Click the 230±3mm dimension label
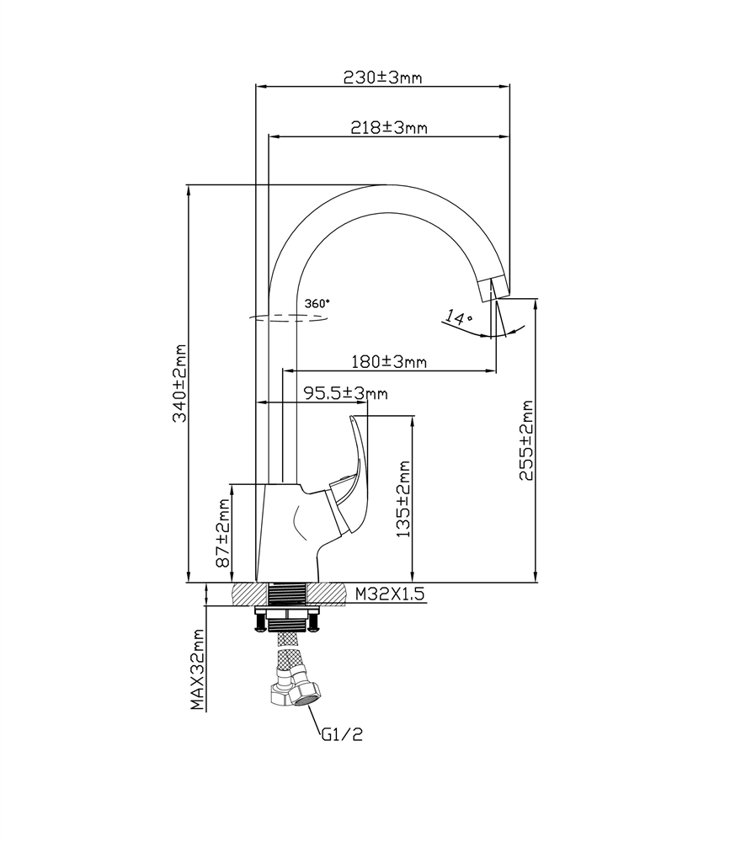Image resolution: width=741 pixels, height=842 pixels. (382, 77)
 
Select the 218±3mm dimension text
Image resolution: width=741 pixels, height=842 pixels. (388, 127)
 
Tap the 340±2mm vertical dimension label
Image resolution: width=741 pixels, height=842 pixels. (179, 383)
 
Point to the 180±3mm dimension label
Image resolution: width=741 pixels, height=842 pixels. (388, 362)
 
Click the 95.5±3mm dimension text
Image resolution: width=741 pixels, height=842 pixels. (345, 393)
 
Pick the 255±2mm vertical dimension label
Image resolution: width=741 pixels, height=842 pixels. (526, 440)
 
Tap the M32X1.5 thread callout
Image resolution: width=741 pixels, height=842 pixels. (388, 594)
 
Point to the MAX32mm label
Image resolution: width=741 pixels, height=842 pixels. (197, 669)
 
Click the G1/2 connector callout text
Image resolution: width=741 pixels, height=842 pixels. (341, 734)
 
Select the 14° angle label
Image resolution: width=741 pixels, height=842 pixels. (459, 318)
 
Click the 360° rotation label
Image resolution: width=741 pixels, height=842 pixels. (317, 302)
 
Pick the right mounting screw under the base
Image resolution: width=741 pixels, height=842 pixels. (315, 623)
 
